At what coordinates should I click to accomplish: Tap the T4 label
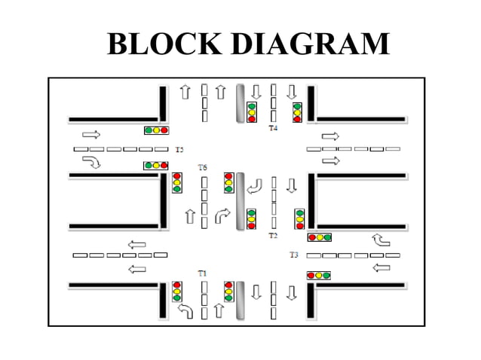pyautogui.click(x=273, y=129)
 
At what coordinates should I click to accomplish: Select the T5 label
pyautogui.click(x=179, y=150)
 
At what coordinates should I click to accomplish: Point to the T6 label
pyautogui.click(x=202, y=166)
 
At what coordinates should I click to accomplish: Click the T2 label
pyautogui.click(x=273, y=236)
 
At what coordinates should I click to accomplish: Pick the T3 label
pyautogui.click(x=294, y=255)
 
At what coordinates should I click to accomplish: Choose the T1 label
pyautogui.click(x=202, y=272)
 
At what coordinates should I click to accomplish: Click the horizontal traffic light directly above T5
pyautogui.click(x=156, y=130)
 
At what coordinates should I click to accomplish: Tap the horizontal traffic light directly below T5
pyautogui.click(x=156, y=166)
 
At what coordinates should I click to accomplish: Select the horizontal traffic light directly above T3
pyautogui.click(x=320, y=237)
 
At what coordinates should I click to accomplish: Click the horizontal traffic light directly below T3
pyautogui.click(x=320, y=276)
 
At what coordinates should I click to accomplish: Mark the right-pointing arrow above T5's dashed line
pyautogui.click(x=90, y=134)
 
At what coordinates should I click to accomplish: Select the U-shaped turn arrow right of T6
pyautogui.click(x=256, y=185)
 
